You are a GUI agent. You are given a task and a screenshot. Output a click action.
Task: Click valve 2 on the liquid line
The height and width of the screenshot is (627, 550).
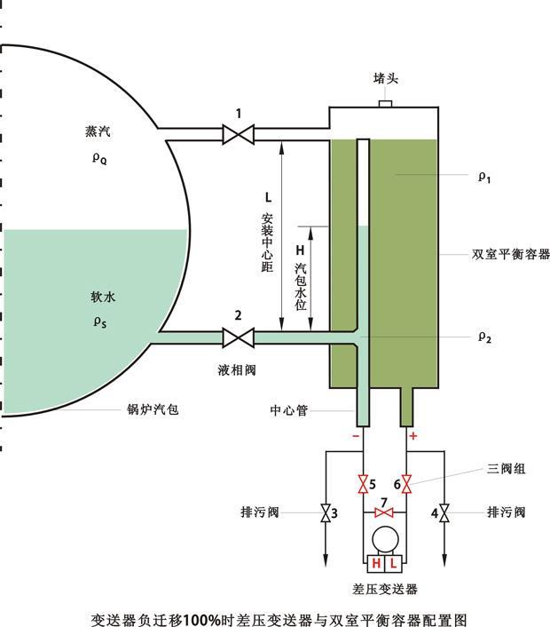pyautogui.click(x=238, y=337)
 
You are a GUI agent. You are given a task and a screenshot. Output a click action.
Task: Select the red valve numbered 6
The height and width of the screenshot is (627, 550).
pyautogui.click(x=407, y=484)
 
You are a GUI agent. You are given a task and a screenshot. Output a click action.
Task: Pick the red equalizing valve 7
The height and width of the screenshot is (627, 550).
pyautogui.click(x=384, y=513)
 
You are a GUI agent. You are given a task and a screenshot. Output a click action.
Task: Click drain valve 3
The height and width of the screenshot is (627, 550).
pyautogui.click(x=325, y=513)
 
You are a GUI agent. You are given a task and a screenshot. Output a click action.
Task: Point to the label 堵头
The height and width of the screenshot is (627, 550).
pyautogui.click(x=386, y=79)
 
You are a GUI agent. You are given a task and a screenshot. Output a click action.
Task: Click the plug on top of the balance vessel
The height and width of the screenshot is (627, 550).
pyautogui.click(x=386, y=105)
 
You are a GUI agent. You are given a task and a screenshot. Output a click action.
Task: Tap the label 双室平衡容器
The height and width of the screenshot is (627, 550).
pyautogui.click(x=511, y=254)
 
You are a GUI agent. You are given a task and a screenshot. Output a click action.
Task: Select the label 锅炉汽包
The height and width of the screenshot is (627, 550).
pyautogui.click(x=153, y=410)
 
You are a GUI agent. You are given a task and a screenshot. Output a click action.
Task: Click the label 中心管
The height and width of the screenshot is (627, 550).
pyautogui.click(x=288, y=410)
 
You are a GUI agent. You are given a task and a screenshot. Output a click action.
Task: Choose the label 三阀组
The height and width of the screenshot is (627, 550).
pyautogui.click(x=507, y=468)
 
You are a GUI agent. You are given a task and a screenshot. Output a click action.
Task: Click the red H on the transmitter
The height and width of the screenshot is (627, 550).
pyautogui.click(x=376, y=564)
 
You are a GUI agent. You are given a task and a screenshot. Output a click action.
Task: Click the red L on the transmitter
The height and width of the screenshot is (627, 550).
pyautogui.click(x=392, y=564)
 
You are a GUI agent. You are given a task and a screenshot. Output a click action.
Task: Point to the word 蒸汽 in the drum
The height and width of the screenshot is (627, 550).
pyautogui.click(x=93, y=131)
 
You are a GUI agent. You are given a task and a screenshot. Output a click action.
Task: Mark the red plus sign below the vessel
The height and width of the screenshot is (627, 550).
pyautogui.click(x=412, y=436)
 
